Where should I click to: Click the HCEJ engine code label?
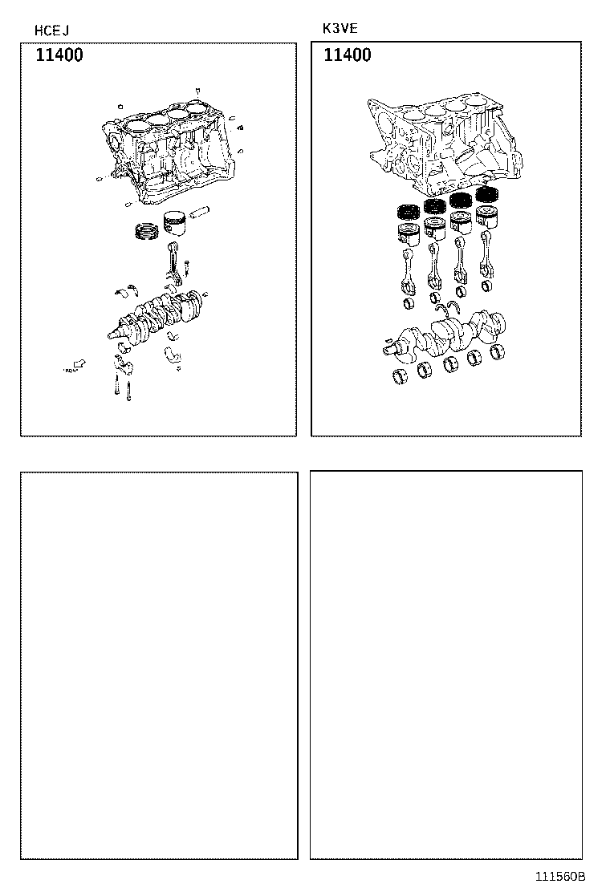click(51, 31)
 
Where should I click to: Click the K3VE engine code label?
click(340, 28)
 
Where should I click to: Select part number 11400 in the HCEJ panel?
click(59, 56)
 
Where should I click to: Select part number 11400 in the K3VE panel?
click(348, 55)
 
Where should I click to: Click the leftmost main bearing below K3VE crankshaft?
click(400, 378)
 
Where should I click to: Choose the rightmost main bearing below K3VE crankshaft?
click(499, 351)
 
